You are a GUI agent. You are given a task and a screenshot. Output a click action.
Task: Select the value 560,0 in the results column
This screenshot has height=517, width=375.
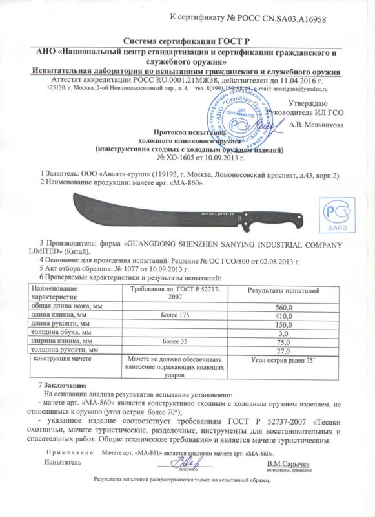(285, 306)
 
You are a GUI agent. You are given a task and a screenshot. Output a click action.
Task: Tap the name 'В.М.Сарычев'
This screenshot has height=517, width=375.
(287, 464)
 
